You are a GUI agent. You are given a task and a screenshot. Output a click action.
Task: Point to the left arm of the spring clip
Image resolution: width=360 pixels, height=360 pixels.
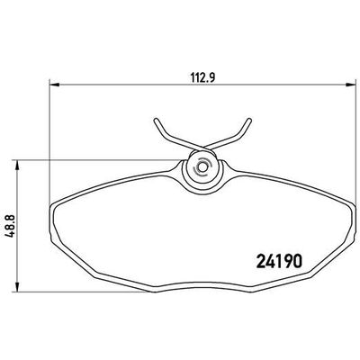[167, 135]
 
